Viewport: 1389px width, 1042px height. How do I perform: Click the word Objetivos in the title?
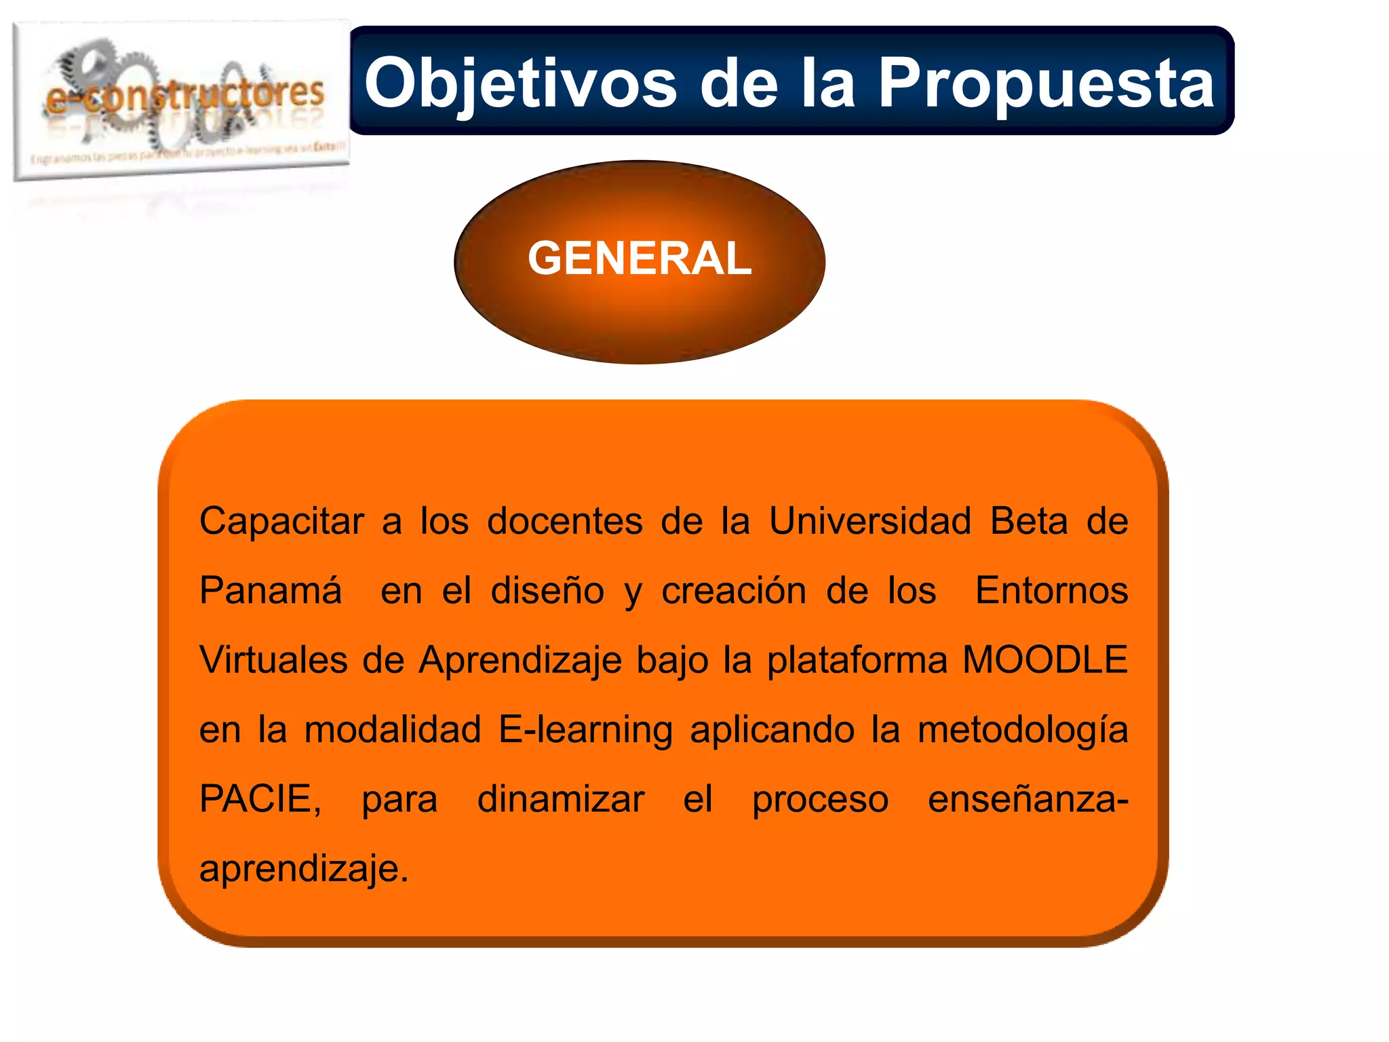(520, 83)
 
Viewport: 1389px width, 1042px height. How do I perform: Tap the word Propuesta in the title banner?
(1045, 83)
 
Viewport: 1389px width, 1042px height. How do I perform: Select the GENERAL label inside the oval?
(640, 258)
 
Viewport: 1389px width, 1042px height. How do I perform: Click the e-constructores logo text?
(184, 95)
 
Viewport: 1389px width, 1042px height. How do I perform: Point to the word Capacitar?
(281, 522)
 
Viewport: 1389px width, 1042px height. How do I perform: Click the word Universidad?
(869, 522)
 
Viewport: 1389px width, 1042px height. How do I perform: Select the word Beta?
(1028, 522)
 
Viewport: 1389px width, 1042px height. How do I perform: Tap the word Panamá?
(270, 590)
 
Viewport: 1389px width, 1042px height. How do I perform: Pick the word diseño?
(547, 590)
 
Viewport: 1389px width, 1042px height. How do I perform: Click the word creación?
(734, 590)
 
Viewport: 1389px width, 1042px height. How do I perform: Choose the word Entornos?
(1051, 590)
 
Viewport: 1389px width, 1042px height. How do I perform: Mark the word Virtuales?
(273, 659)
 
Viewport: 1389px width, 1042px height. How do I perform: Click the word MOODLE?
(1045, 659)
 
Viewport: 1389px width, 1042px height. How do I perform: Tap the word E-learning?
(585, 730)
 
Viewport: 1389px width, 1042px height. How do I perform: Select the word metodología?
(1023, 730)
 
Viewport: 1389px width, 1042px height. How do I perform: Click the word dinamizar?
(560, 799)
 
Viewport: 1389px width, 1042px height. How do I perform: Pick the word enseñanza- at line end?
(1028, 799)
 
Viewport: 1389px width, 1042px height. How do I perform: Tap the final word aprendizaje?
(303, 869)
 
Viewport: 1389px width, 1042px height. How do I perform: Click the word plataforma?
(857, 661)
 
